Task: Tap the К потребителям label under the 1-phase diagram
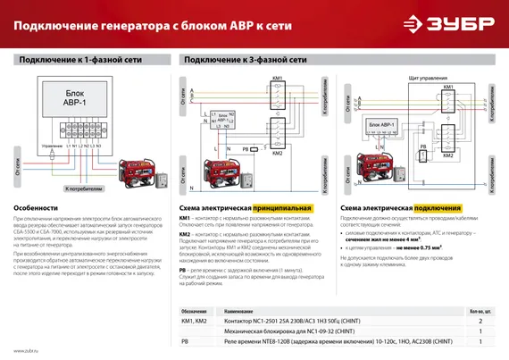click(x=84, y=189)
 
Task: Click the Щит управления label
click(x=426, y=78)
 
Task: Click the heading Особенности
click(x=36, y=206)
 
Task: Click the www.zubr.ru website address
click(x=26, y=351)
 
